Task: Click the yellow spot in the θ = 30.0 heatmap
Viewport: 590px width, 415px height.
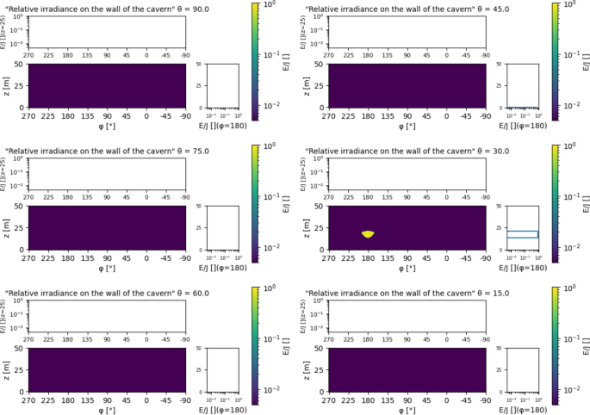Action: pos(368,233)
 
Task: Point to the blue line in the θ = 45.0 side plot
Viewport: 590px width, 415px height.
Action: pos(522,108)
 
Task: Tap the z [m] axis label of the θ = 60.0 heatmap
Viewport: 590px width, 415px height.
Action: pos(8,369)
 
